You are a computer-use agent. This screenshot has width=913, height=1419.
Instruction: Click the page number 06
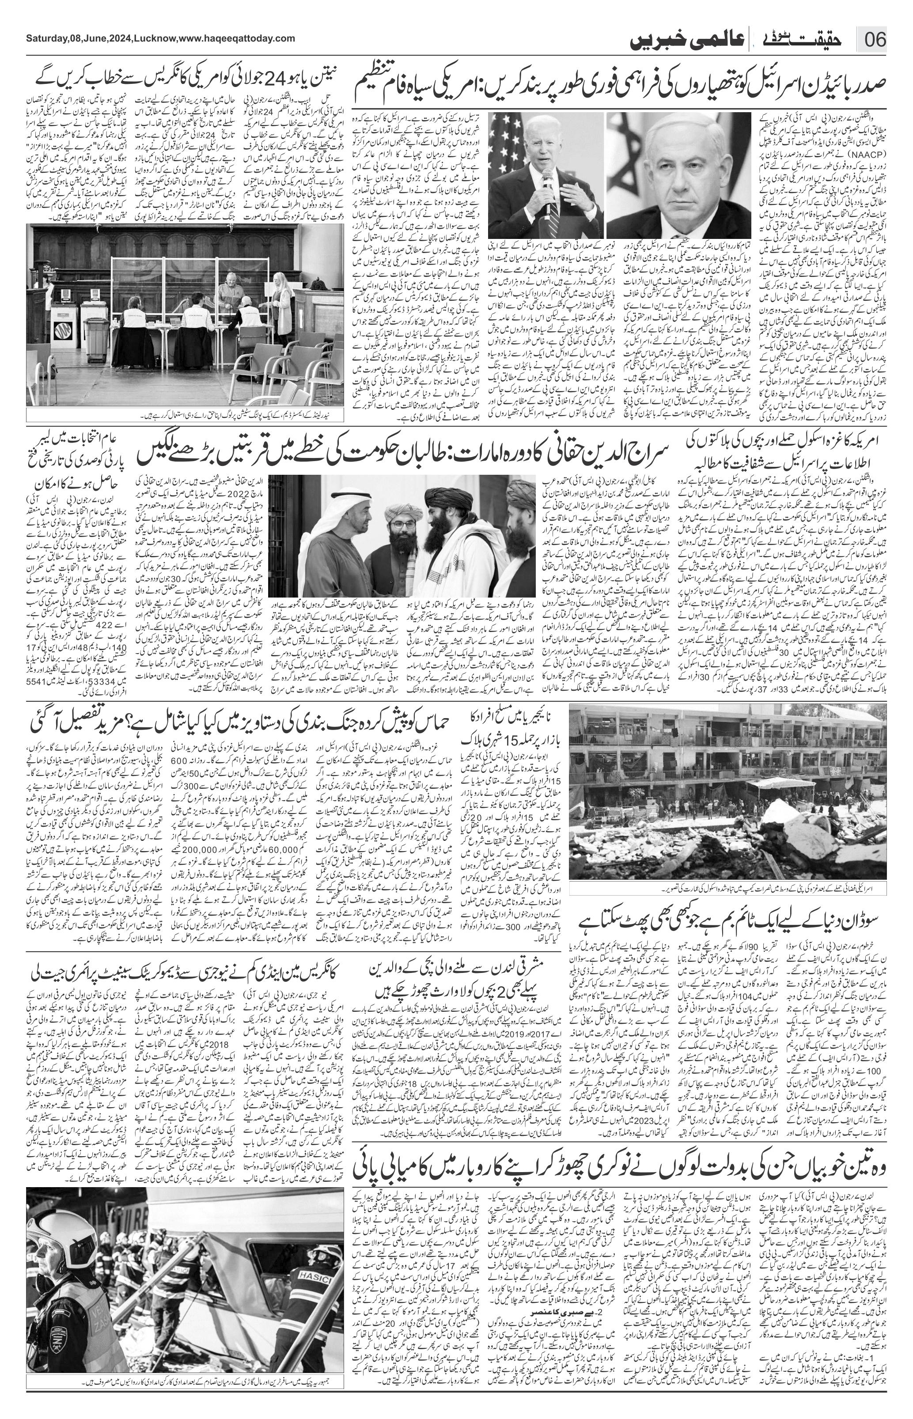[x=875, y=40]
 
